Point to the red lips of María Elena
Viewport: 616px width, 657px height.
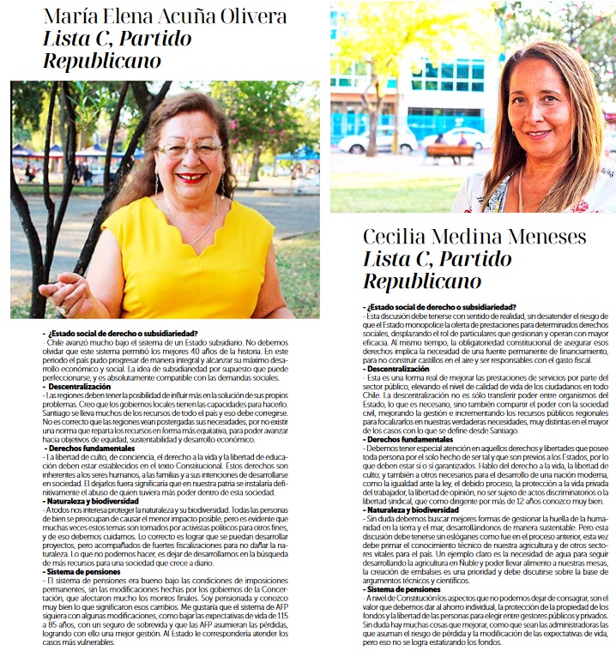click(191, 178)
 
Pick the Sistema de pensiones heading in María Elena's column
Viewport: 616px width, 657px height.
click(84, 571)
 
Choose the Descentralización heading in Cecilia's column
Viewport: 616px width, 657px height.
click(400, 369)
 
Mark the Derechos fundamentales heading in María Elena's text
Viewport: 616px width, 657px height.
click(92, 449)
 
